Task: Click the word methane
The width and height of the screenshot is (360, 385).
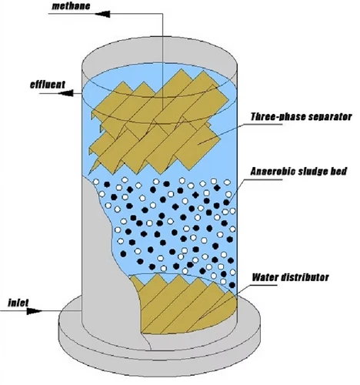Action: point(71,6)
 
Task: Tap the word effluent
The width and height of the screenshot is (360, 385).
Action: point(48,84)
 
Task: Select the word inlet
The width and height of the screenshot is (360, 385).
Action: point(18,303)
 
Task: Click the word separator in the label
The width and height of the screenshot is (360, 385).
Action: point(329,117)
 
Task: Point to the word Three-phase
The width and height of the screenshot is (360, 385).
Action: point(278,117)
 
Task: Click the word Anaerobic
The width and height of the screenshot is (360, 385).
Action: point(273,171)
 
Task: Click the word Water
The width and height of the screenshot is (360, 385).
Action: point(265,277)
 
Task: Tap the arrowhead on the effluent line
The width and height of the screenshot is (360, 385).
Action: point(65,93)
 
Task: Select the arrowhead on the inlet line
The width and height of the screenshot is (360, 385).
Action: point(35,311)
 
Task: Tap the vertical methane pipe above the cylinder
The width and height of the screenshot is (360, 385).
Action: point(162,60)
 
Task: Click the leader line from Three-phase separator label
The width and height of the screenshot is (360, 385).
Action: point(240,133)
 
